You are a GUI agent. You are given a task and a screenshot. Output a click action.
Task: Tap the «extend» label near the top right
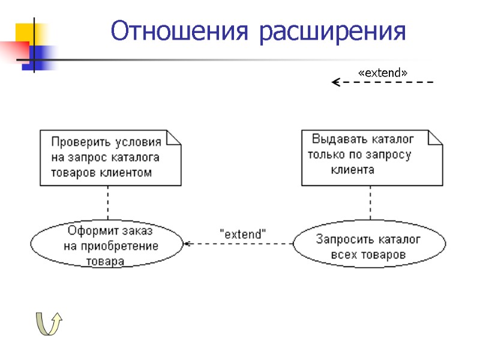[x=382, y=72]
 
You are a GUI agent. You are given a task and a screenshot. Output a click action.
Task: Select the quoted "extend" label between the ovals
[x=243, y=234]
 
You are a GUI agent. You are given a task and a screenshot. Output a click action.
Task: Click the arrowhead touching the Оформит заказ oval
[x=187, y=243]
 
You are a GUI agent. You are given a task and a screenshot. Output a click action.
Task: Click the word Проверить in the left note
[x=78, y=143]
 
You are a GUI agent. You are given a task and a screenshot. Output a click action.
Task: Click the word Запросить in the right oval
[x=343, y=240]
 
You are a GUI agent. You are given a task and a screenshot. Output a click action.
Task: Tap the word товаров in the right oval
[x=385, y=255]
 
